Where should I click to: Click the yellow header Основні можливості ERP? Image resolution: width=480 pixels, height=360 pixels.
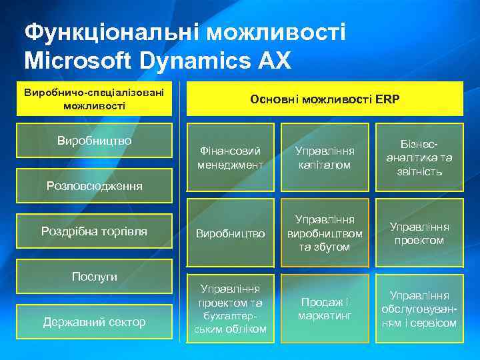click(x=325, y=99)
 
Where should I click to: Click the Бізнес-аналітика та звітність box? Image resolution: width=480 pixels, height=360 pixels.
click(x=419, y=157)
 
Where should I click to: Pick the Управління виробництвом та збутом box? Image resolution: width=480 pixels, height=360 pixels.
click(x=325, y=233)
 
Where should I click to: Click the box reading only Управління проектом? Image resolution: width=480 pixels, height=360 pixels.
click(x=419, y=233)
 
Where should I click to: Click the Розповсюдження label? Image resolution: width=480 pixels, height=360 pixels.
click(x=94, y=186)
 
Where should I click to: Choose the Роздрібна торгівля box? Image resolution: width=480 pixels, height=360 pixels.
click(x=94, y=231)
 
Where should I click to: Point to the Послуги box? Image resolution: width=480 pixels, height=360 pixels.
click(x=94, y=276)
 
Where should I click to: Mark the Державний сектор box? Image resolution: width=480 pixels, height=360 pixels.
click(x=94, y=322)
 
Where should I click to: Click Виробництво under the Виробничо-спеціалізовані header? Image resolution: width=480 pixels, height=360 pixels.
click(x=94, y=141)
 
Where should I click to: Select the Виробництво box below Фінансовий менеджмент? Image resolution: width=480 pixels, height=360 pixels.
click(x=230, y=233)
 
